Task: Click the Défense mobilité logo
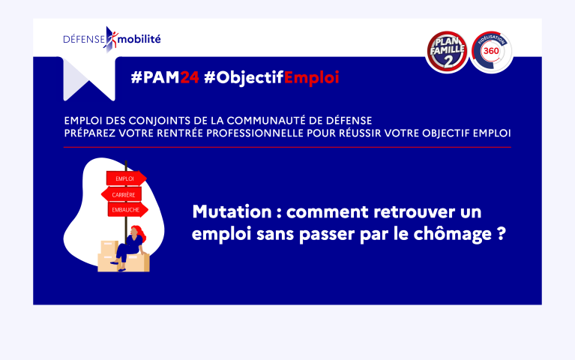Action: pyautogui.click(x=112, y=39)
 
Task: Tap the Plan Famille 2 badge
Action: pyautogui.click(x=447, y=52)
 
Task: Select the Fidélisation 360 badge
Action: pyautogui.click(x=491, y=52)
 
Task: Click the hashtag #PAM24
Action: pyautogui.click(x=165, y=77)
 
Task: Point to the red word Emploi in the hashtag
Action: pyautogui.click(x=311, y=78)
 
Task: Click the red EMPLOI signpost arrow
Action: pyautogui.click(x=127, y=178)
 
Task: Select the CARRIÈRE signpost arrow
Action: pyautogui.click(x=121, y=194)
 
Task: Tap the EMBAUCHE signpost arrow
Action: pyautogui.click(x=128, y=209)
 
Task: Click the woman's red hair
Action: pyautogui.click(x=139, y=232)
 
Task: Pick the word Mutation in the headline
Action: pyautogui.click(x=232, y=211)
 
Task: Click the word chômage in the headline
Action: pyautogui.click(x=453, y=234)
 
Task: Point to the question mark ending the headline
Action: pyautogui.click(x=502, y=233)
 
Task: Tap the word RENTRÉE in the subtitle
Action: pyautogui.click(x=180, y=133)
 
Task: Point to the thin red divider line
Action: pyautogui.click(x=287, y=147)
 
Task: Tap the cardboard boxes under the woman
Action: pyautogui.click(x=123, y=257)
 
